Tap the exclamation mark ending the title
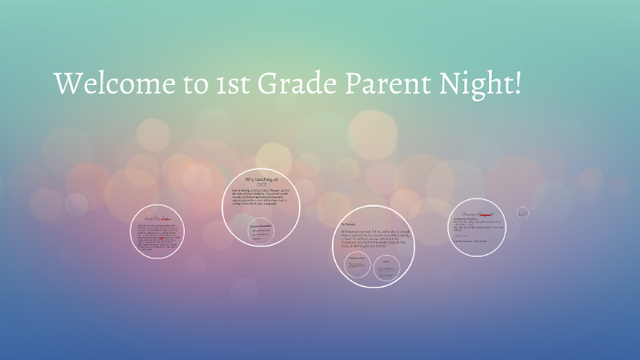(x=521, y=84)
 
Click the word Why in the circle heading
(x=249, y=179)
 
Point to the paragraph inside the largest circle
(x=373, y=239)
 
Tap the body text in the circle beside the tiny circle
(x=475, y=227)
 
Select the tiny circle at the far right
(x=523, y=212)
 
